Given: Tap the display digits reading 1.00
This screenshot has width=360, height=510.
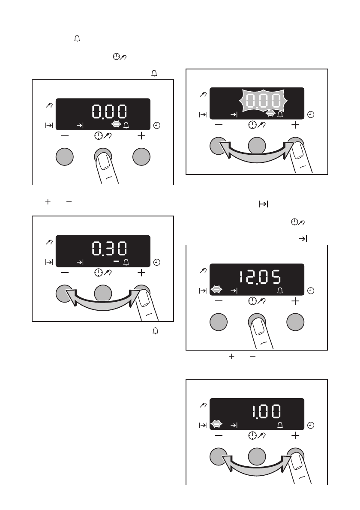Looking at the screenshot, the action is pos(267,412).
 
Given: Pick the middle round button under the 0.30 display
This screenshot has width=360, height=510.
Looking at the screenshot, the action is pos(103,294).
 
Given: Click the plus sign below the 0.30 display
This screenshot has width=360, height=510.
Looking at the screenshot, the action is pos(141,273).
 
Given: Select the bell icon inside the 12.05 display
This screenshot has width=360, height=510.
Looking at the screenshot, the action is pos(280,291).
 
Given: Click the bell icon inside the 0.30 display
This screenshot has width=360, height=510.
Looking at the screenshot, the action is pos(126,262).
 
